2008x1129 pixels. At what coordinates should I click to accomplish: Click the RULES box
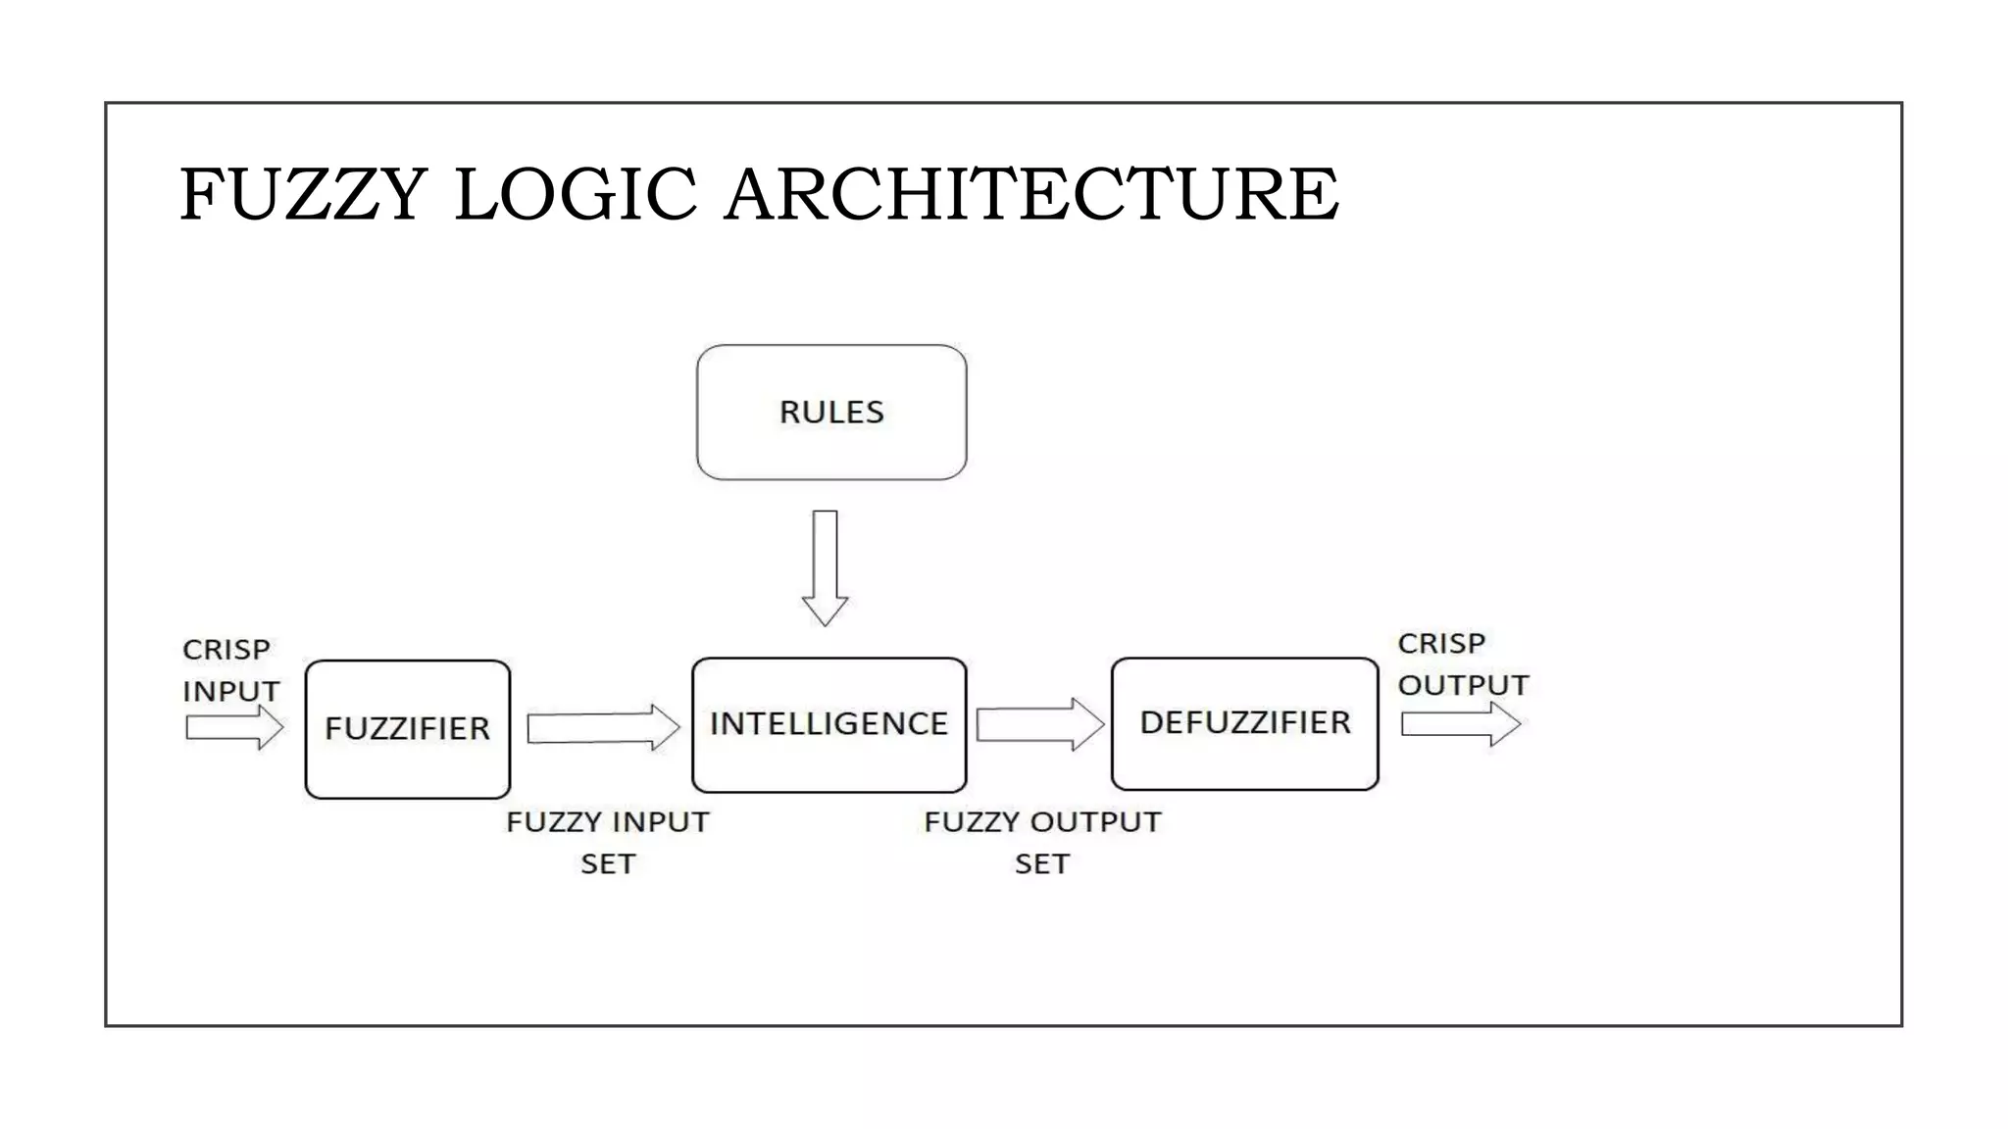(831, 412)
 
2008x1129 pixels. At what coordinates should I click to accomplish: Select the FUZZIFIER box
(407, 729)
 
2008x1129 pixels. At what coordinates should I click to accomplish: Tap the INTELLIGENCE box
(828, 724)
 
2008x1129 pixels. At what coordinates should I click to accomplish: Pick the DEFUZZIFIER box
(1244, 723)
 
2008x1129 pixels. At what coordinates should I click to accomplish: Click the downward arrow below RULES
(825, 568)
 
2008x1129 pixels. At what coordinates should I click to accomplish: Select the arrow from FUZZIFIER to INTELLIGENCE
(602, 728)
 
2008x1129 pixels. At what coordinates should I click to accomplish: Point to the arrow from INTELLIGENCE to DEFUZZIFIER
(1039, 725)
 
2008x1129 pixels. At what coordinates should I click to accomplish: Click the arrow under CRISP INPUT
(233, 728)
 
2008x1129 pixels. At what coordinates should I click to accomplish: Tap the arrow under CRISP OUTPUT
(1460, 725)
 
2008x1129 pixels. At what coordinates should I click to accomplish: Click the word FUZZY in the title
(303, 194)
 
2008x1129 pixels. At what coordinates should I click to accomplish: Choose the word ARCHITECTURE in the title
(1030, 194)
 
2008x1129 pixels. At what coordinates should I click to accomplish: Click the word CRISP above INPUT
(226, 650)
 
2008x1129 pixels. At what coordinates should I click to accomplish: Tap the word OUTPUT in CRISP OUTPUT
(1463, 685)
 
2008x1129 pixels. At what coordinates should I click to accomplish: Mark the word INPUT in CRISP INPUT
(231, 691)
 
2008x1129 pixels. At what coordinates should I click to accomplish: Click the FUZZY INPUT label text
(607, 822)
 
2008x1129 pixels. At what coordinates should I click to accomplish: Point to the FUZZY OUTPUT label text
(1042, 822)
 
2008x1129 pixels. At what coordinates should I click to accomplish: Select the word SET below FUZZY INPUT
(608, 864)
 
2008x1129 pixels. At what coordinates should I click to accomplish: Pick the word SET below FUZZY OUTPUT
(1042, 864)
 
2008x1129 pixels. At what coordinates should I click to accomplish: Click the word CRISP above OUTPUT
(1441, 644)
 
